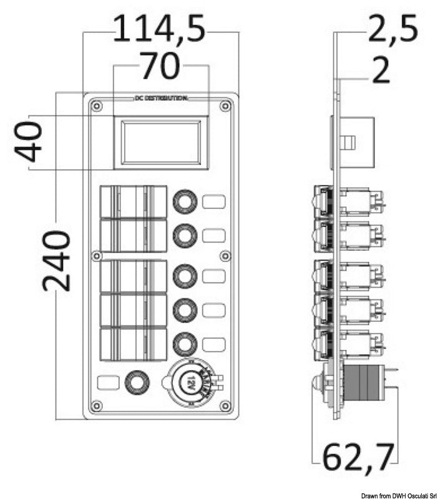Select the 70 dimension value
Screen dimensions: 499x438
click(x=159, y=67)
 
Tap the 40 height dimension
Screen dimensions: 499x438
click(x=29, y=142)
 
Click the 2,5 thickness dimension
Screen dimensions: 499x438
click(x=391, y=29)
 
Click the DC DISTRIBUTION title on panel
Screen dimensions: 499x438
click(x=160, y=99)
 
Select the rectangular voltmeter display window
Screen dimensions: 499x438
click(x=160, y=142)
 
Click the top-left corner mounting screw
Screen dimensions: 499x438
click(x=95, y=107)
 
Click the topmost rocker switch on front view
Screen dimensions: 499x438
click(x=133, y=201)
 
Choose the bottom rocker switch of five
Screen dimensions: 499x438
click(x=133, y=344)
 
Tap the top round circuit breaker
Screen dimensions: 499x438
click(x=185, y=201)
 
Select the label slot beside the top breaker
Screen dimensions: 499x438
click(x=213, y=201)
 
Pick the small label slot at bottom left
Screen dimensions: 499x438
click(x=109, y=382)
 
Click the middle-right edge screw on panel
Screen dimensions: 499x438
click(x=225, y=256)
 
